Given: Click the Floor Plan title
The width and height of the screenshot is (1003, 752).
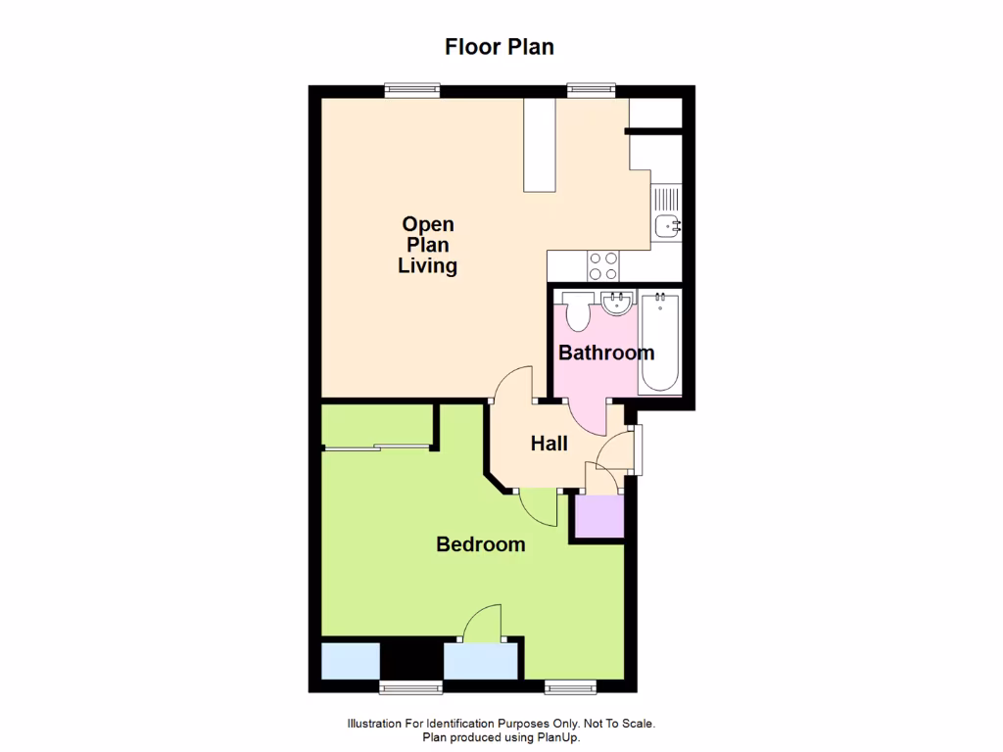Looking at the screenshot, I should pyautogui.click(x=500, y=47).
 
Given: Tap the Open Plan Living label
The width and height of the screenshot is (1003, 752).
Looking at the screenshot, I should pyautogui.click(x=428, y=245).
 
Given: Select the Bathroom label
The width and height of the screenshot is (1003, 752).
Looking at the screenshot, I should pyautogui.click(x=606, y=352).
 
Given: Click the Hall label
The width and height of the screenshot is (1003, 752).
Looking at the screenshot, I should pyautogui.click(x=549, y=444).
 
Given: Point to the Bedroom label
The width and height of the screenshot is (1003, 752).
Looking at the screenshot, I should pyautogui.click(x=480, y=544).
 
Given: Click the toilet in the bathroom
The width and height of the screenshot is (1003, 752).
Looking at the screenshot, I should pyautogui.click(x=576, y=310).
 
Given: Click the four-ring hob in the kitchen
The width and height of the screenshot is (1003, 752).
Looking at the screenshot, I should pyautogui.click(x=602, y=264).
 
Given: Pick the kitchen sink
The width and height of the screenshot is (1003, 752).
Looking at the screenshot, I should pyautogui.click(x=669, y=226).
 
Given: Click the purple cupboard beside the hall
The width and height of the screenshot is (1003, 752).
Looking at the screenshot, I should pyautogui.click(x=599, y=516).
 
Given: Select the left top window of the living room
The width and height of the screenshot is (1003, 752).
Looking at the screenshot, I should pyautogui.click(x=411, y=90).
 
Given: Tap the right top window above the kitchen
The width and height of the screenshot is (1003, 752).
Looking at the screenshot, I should pyautogui.click(x=592, y=90).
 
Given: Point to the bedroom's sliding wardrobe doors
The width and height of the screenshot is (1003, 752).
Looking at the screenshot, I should pyautogui.click(x=377, y=448).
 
